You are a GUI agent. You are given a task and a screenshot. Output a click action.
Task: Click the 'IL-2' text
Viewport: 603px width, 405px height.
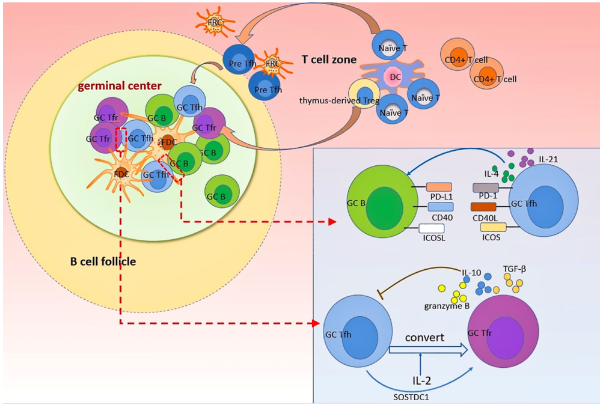pyautogui.click(x=421, y=381)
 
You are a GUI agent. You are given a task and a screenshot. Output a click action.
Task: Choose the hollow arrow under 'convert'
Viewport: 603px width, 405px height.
pyautogui.click(x=427, y=352)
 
